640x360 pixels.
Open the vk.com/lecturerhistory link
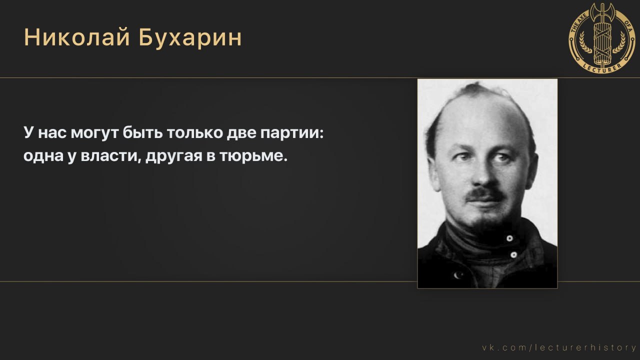coord(559,347)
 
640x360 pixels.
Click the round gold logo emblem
coord(602,38)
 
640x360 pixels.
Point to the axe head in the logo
coord(602,11)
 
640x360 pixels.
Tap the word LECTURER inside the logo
coord(602,66)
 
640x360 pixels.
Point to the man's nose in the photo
coord(482,175)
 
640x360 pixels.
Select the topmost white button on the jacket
coord(509,238)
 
